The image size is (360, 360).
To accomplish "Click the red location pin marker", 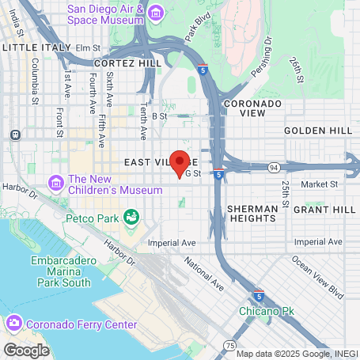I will [x=180, y=161].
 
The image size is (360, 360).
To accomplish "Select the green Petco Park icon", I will [x=131, y=215].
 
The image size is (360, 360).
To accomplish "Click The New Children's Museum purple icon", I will [x=55, y=184].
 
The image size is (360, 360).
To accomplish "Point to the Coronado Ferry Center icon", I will [x=13, y=323].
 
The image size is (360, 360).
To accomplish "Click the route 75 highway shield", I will [x=229, y=345].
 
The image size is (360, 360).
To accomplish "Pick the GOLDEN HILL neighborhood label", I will [x=311, y=130].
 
